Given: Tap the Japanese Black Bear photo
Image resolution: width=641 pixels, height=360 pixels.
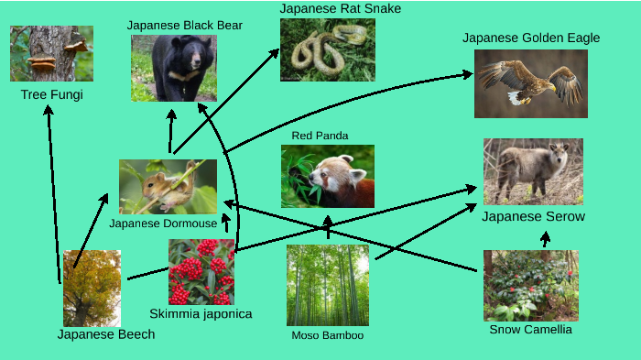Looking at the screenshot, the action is [x=174, y=68].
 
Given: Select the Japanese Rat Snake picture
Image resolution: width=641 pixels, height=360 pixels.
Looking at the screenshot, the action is [x=327, y=50].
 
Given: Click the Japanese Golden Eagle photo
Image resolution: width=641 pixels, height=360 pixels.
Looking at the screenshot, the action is [x=530, y=83].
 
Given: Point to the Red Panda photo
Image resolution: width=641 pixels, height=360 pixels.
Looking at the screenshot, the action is [x=327, y=176].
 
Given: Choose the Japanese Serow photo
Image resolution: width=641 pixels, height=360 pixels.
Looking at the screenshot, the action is [x=533, y=171].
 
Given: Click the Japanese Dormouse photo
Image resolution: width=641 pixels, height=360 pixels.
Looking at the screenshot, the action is [x=168, y=187].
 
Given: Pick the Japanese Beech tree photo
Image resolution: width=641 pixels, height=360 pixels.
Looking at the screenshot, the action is [x=92, y=289].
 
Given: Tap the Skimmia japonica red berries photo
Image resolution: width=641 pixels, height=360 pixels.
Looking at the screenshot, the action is [x=201, y=272].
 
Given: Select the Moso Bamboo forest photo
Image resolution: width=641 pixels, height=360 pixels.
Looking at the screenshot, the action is [x=328, y=285].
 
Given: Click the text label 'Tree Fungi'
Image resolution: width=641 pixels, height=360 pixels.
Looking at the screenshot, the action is [x=51, y=94].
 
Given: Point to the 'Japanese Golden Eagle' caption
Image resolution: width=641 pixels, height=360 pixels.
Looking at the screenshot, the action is [x=531, y=38].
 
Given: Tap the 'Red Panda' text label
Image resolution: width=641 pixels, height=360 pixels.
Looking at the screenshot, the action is [x=320, y=136].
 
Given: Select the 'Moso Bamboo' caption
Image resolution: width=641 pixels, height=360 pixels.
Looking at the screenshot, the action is [x=327, y=336].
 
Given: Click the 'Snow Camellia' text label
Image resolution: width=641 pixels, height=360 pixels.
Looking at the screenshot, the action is [x=530, y=330].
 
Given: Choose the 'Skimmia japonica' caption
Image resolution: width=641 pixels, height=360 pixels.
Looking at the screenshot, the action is [x=201, y=314].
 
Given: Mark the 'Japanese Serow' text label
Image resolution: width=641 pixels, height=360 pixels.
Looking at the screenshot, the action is [x=533, y=217].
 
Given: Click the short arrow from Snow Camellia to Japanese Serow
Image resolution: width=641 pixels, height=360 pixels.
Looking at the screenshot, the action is [x=545, y=240].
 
